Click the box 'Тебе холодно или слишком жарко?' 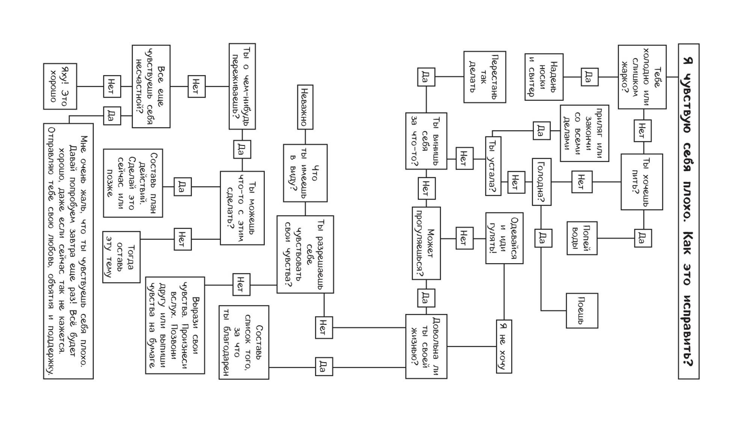click(642, 77)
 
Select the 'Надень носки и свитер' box click(544, 77)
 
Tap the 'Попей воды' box click(582, 238)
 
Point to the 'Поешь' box click(582, 311)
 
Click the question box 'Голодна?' click(541, 182)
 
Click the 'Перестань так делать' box click(485, 77)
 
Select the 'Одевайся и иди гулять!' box click(504, 238)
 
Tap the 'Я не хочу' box click(504, 346)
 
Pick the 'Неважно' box click(305, 107)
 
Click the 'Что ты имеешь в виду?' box click(305, 173)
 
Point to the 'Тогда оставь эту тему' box click(121, 257)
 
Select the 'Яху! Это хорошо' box click(60, 86)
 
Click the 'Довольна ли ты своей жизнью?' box click(426, 346)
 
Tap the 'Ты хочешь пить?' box click(642, 182)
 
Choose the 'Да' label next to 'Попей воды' click(643, 238)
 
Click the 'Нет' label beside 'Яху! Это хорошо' click(112, 86)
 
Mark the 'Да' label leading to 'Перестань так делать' click(426, 77)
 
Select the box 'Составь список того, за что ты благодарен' click(244, 342)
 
